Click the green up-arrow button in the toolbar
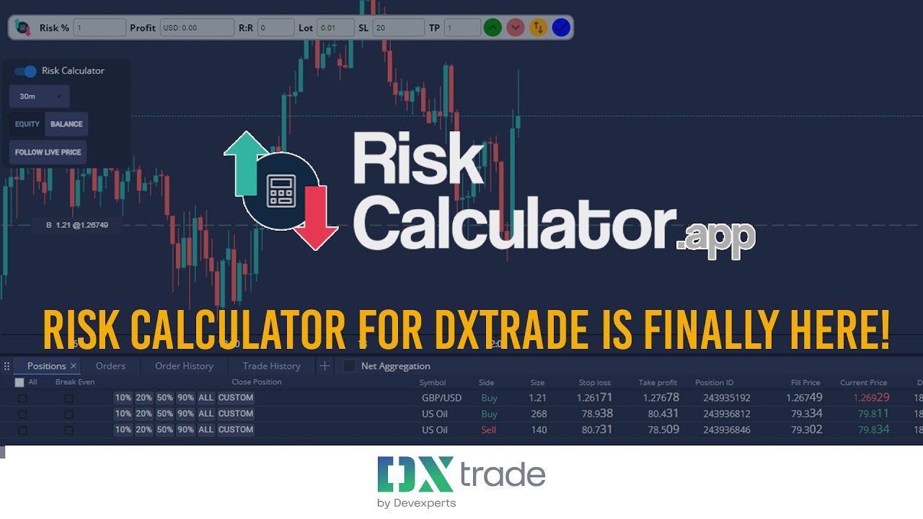click(x=493, y=28)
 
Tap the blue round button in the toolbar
click(x=561, y=28)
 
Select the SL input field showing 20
click(x=399, y=28)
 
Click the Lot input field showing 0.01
click(x=335, y=28)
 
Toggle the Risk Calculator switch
click(x=26, y=71)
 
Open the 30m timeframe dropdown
click(x=40, y=97)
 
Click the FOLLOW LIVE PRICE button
click(x=48, y=153)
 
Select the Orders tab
click(x=110, y=366)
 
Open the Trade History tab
click(x=271, y=366)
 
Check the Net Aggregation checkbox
click(x=349, y=366)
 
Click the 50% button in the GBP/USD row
click(x=164, y=398)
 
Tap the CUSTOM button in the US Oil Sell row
click(x=236, y=430)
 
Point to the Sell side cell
click(x=489, y=430)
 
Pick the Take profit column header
click(x=658, y=383)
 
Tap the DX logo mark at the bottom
click(x=415, y=474)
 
